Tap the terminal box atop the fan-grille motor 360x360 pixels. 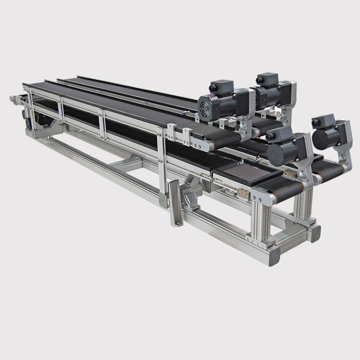221,87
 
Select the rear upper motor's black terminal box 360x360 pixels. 267,79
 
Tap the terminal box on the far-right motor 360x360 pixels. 323,121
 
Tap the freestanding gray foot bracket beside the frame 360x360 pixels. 175,204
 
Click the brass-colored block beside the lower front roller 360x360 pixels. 244,193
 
